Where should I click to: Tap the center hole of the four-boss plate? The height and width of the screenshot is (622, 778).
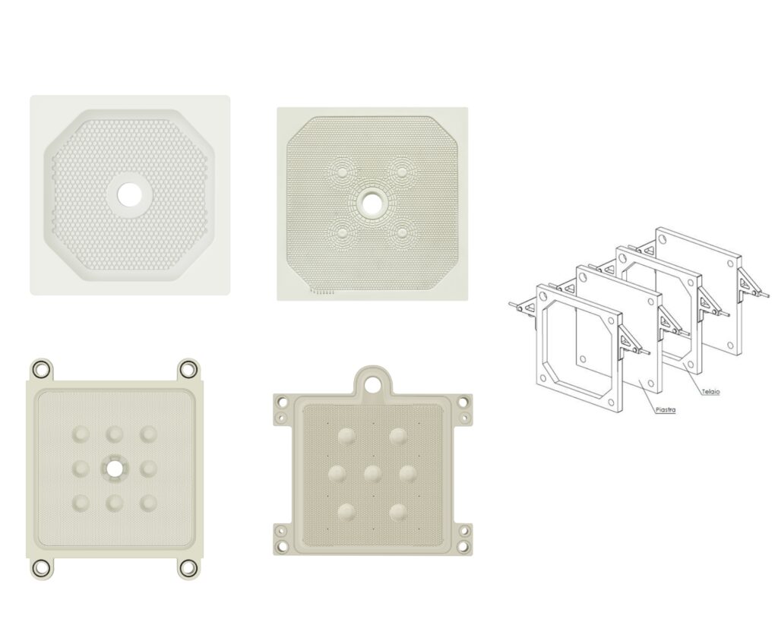tap(370, 202)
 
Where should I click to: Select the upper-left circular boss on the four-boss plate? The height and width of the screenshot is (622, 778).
tap(343, 172)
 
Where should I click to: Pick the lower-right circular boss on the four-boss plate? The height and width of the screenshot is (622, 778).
tap(401, 232)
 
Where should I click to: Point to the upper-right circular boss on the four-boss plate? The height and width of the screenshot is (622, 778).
tap(401, 172)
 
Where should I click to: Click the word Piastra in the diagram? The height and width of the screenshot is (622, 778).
tap(666, 409)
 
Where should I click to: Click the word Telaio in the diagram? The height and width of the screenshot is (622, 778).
tap(710, 392)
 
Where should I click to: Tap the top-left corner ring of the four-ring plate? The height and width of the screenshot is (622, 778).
tap(41, 369)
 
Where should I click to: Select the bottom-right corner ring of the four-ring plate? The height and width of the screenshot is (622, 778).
tap(188, 568)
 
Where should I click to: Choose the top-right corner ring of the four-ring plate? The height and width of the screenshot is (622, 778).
tap(188, 369)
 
